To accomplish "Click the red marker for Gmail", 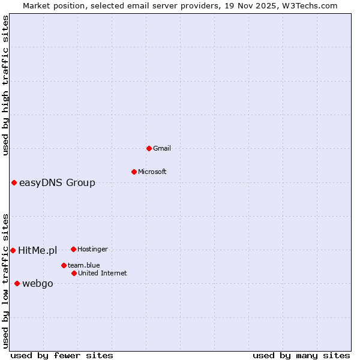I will pos(149,148).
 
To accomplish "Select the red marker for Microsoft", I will pos(134,172).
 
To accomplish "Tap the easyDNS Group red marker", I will pos(14,182).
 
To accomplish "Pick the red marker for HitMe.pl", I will pos(13,250).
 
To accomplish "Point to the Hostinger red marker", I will pos(73,249).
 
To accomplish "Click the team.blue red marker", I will pos(64,265).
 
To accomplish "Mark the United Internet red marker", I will pos(74,273).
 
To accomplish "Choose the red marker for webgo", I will pos(17,283).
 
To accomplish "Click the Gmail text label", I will pos(162,148).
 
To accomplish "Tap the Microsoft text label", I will pos(152,172).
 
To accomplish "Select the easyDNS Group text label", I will pos(57,182).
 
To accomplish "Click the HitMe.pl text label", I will pos(37,250).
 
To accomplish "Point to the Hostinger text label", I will pos(92,249).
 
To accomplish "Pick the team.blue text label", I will pos(83,265).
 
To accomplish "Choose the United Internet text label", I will pos(102,273).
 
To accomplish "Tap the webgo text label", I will pos(37,283).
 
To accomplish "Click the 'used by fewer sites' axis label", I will pos(62,355).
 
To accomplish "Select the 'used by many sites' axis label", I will pos(301,355).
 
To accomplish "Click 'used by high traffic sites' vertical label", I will pos(5,85).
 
